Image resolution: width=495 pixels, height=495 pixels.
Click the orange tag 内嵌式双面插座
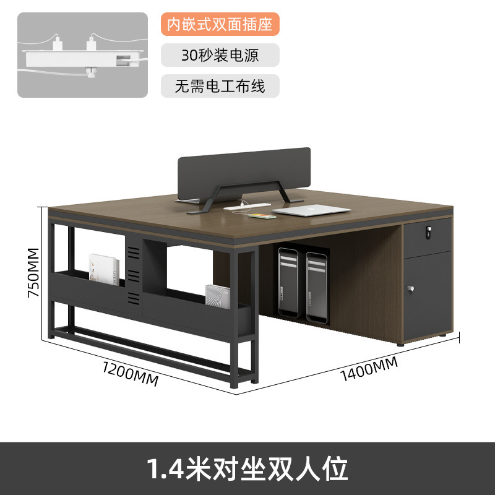point(220,24)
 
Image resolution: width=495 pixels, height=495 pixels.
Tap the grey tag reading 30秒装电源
point(220,54)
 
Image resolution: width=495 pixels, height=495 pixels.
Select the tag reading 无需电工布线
point(220,85)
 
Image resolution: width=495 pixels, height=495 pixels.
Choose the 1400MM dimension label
point(368,369)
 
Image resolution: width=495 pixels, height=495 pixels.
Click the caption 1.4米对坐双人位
point(247,468)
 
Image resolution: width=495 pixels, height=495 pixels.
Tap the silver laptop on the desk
point(303,210)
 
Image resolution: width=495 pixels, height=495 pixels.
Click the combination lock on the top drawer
point(427,233)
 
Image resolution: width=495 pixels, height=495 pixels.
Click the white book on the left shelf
point(103,269)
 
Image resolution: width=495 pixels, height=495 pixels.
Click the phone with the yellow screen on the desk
point(260,216)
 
